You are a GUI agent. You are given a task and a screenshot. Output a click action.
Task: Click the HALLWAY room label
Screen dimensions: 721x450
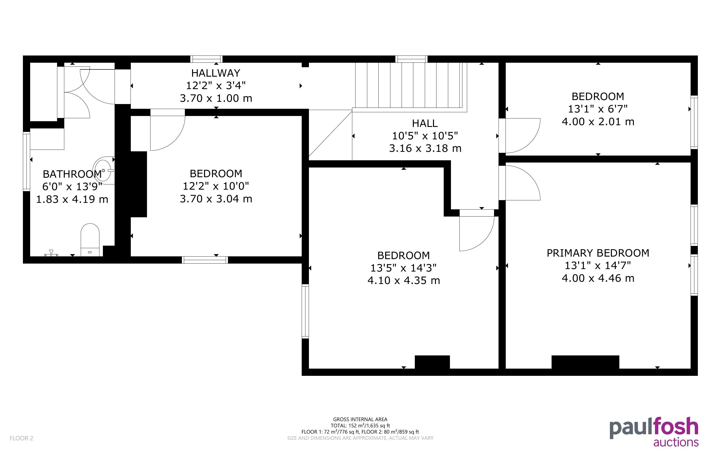(x=216, y=73)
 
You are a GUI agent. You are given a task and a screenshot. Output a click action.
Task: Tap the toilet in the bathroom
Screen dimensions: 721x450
(x=90, y=240)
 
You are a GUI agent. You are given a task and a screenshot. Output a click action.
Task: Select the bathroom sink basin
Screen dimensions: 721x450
(x=104, y=170)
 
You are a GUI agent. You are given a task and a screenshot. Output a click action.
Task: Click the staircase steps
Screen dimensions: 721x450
(x=411, y=85)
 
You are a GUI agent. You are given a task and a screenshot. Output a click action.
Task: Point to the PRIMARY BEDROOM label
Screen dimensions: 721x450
(x=598, y=253)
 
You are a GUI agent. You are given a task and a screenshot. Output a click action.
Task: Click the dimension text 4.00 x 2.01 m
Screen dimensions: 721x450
(x=598, y=122)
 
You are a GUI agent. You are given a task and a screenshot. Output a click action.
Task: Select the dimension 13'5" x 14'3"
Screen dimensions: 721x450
(x=403, y=268)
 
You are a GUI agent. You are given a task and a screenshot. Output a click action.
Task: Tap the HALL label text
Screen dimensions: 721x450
(x=425, y=123)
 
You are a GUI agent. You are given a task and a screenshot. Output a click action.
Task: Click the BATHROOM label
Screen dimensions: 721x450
(x=72, y=174)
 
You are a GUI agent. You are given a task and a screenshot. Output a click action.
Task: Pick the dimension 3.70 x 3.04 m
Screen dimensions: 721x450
(x=216, y=199)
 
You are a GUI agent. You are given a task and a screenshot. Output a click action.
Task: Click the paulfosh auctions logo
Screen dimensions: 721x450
(x=654, y=432)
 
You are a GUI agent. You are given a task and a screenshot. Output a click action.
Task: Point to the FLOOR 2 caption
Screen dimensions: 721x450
(x=21, y=438)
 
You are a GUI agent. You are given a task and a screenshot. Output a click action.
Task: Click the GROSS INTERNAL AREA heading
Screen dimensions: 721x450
(x=360, y=419)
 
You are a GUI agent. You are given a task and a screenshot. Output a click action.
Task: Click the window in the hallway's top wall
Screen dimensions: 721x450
(x=206, y=59)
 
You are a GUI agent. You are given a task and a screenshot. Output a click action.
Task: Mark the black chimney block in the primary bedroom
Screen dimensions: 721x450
(x=585, y=362)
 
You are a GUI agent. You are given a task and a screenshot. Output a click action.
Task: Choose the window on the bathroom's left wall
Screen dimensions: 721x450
(x=26, y=161)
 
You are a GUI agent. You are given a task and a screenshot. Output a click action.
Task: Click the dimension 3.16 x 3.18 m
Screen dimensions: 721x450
(x=425, y=148)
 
